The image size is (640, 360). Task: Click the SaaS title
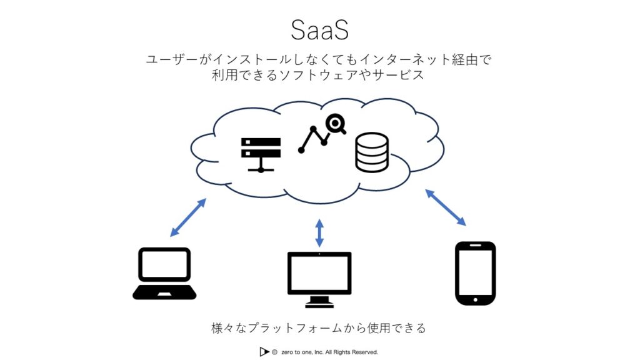coord(319,30)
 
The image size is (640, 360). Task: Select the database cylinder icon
coord(371,153)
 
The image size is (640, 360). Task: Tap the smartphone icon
coord(475,273)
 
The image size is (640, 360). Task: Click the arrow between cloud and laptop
coord(188,217)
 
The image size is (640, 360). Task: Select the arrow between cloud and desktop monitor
coord(319,232)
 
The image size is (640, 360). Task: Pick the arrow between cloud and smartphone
coord(446,207)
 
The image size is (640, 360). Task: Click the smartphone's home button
coord(475,300)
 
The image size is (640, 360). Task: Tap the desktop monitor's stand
coord(319,301)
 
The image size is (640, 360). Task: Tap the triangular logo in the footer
coord(264,352)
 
